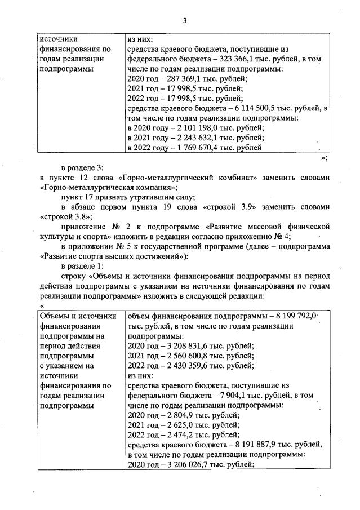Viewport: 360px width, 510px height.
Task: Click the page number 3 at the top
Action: point(184,21)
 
